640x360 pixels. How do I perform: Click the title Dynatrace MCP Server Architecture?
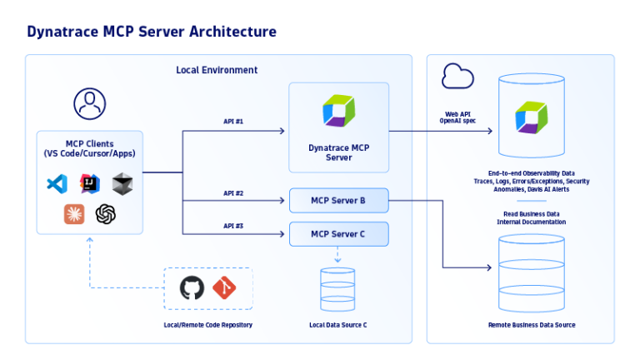[151, 32]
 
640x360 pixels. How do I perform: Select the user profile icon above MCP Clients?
[89, 103]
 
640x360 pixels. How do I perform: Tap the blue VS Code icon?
[57, 183]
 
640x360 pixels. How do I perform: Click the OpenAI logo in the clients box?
[105, 214]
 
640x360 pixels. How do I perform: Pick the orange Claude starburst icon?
[74, 214]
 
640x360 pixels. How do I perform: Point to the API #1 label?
[233, 122]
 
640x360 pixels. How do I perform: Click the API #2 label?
[233, 192]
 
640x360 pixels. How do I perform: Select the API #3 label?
[233, 226]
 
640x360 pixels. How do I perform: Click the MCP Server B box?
[338, 201]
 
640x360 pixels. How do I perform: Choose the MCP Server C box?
[338, 234]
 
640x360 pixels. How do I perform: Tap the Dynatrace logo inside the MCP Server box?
[338, 111]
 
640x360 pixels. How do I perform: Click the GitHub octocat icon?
[192, 288]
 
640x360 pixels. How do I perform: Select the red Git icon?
[224, 288]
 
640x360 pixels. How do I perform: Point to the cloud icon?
[457, 77]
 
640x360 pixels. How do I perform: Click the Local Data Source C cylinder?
[337, 289]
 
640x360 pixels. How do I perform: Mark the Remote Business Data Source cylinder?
[531, 272]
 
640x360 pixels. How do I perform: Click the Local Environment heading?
[217, 70]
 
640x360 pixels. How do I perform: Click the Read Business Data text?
[531, 213]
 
